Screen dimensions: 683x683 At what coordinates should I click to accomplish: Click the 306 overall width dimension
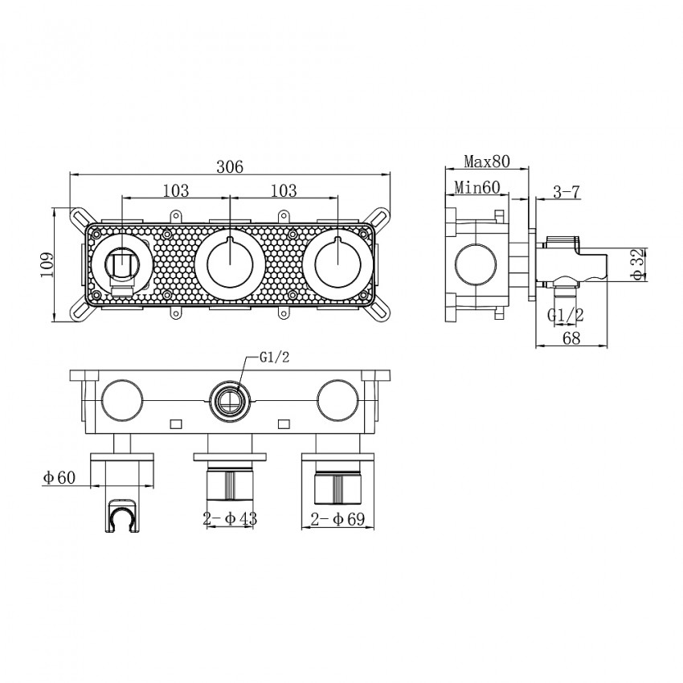[230, 166]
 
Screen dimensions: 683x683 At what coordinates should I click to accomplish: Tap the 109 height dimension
[46, 265]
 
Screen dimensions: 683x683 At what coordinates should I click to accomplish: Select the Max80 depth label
[487, 162]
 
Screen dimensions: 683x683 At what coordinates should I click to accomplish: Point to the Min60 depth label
[477, 188]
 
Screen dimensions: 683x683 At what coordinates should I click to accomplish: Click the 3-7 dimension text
[566, 192]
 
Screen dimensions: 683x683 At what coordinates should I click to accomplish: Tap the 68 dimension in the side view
[571, 337]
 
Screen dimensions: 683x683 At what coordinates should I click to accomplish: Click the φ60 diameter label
[59, 477]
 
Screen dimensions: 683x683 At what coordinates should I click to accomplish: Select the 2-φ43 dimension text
[230, 518]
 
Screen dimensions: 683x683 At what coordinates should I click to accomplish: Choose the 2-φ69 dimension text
[337, 519]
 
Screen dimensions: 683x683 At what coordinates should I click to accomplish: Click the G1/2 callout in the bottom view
[275, 358]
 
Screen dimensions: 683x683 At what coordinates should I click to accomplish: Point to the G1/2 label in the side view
[566, 314]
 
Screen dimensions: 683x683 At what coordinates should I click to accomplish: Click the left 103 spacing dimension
[176, 190]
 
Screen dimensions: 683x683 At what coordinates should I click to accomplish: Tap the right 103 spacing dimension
[284, 190]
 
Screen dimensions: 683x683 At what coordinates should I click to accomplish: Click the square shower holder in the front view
[122, 266]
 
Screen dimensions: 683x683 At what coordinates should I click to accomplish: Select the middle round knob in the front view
[230, 264]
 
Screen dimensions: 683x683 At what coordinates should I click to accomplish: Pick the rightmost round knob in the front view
[338, 264]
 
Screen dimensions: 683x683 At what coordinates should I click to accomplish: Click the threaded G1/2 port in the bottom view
[230, 401]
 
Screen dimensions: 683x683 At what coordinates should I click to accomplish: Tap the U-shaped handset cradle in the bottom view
[122, 514]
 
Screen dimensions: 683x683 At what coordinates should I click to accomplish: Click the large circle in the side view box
[476, 266]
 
